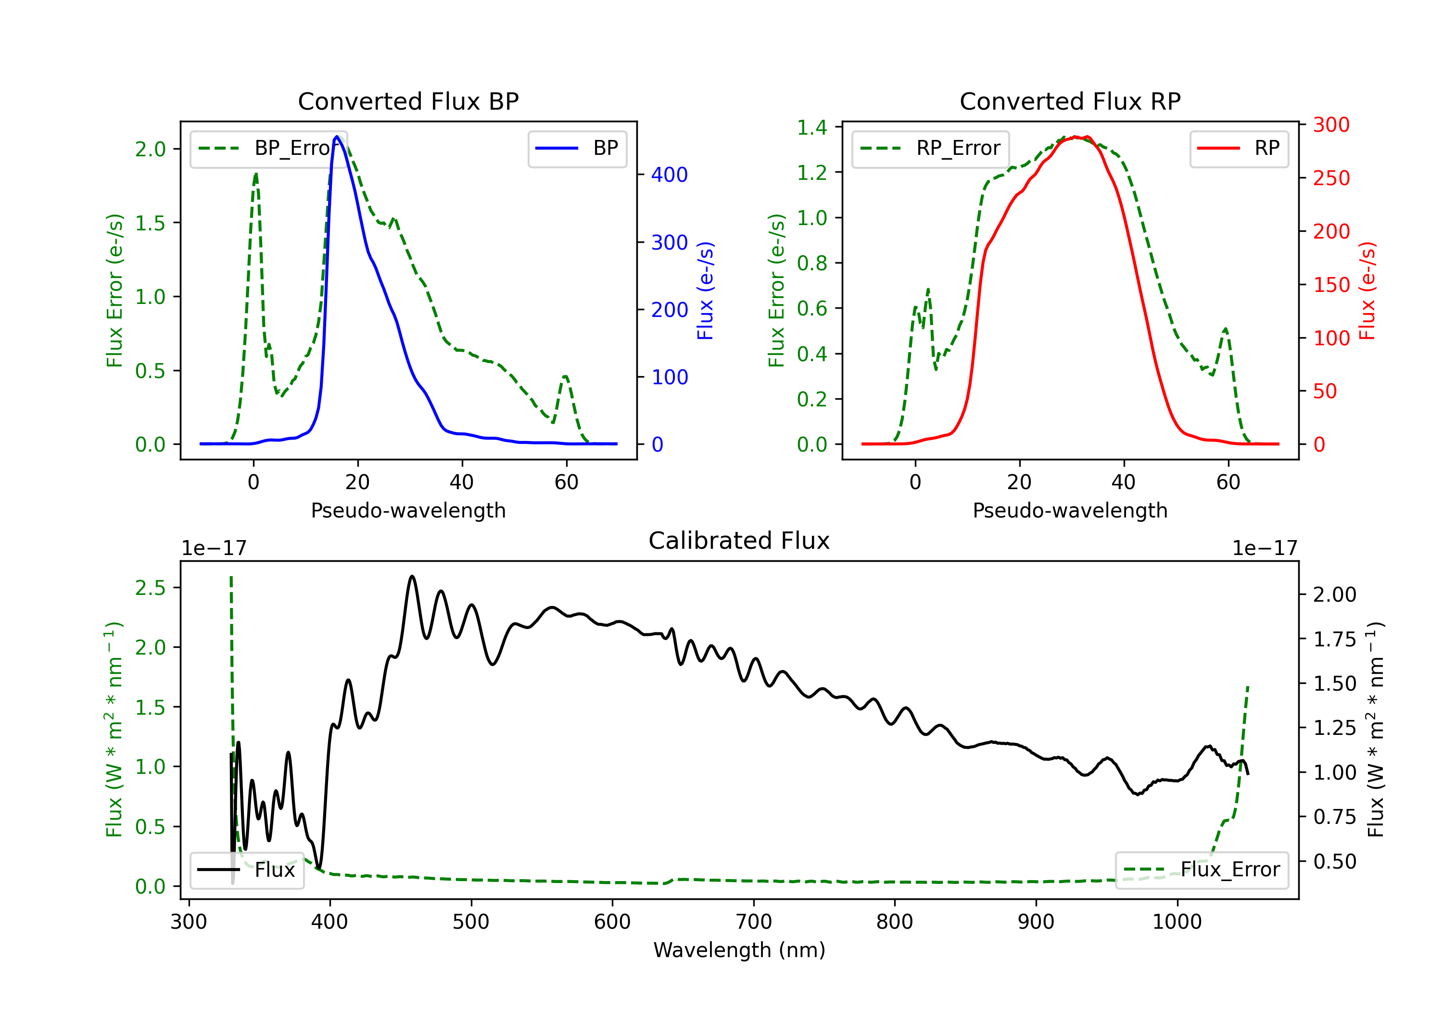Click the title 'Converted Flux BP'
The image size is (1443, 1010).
(408, 101)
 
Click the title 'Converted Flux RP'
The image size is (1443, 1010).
(1070, 101)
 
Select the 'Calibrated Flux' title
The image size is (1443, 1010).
(739, 541)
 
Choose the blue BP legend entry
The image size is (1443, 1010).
(577, 148)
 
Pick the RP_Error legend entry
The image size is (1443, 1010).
(930, 148)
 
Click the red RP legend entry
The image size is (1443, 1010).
(1239, 148)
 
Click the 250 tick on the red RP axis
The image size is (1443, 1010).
(1331, 178)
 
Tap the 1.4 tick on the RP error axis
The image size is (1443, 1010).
(812, 127)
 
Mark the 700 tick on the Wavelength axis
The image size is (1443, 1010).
(753, 922)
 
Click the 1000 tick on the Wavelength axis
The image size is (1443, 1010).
(1177, 922)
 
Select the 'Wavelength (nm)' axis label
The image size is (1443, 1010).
(739, 950)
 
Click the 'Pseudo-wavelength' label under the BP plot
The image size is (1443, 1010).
(408, 510)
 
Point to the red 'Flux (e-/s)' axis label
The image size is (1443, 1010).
(1367, 290)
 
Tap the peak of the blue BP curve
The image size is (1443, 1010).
(337, 137)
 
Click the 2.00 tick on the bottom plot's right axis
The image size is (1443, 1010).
(1334, 594)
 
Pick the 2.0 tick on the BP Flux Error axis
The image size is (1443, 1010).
(150, 149)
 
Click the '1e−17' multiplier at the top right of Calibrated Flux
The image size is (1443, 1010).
(1265, 548)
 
